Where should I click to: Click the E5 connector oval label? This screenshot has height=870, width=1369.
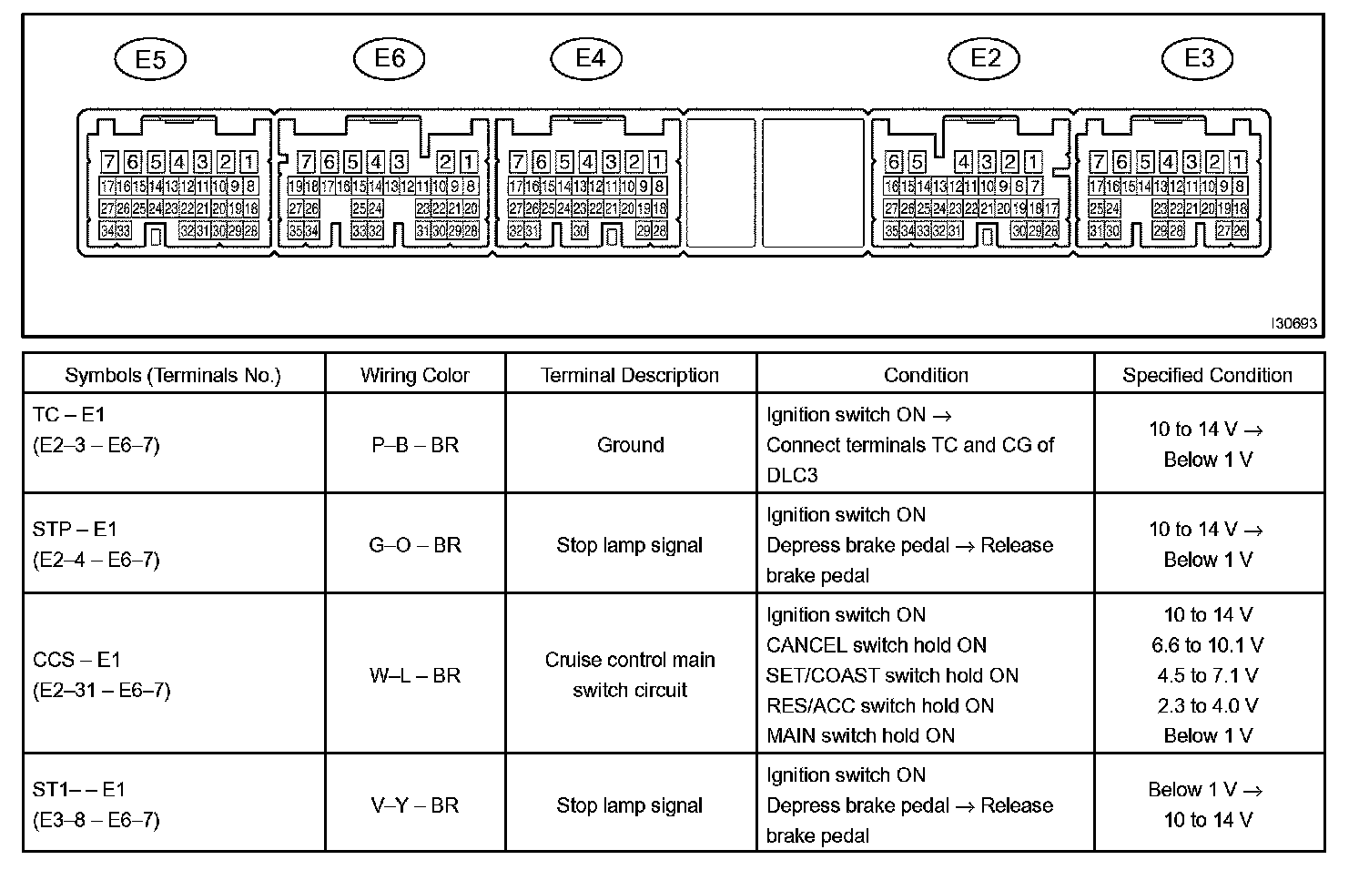[x=150, y=60]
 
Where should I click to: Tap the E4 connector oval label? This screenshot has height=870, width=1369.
[x=590, y=58]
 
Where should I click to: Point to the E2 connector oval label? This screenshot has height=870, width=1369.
[x=985, y=58]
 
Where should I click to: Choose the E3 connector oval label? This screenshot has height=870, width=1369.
[x=1199, y=58]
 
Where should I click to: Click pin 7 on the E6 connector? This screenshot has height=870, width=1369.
[x=306, y=163]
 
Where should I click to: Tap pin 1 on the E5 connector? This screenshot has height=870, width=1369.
[x=248, y=163]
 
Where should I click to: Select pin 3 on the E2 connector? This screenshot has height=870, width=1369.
[x=987, y=163]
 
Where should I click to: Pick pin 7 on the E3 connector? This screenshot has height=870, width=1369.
[x=1099, y=163]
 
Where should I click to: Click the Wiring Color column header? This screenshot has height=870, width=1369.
[x=415, y=375]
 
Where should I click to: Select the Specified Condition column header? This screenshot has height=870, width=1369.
[x=1207, y=375]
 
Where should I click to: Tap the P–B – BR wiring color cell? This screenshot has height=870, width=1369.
[x=415, y=445]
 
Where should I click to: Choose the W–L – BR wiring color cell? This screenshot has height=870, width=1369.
[x=415, y=675]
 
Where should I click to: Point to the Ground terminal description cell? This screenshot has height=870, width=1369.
[x=630, y=445]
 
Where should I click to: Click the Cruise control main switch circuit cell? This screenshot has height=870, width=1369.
[x=630, y=674]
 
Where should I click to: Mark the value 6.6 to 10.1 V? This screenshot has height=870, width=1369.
[x=1207, y=645]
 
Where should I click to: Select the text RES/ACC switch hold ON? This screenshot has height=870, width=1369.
[x=880, y=705]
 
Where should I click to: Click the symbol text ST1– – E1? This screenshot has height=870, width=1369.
[x=79, y=790]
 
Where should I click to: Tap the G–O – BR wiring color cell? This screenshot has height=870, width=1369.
[x=415, y=545]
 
